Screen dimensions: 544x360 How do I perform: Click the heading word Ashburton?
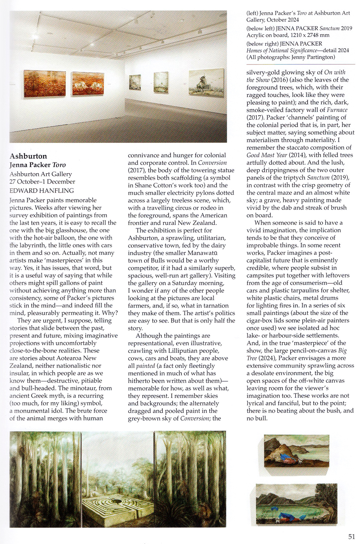(x=28, y=156)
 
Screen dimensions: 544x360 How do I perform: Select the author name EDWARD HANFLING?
(x=41, y=190)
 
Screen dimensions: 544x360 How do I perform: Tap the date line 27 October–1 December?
(x=42, y=182)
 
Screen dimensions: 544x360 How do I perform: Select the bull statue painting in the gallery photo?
(x=206, y=84)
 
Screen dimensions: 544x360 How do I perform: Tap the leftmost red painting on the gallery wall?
(x=45, y=84)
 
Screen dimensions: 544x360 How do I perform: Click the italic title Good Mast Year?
(x=267, y=155)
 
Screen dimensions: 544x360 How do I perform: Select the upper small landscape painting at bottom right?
(x=296, y=451)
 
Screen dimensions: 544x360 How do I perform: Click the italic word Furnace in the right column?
(x=337, y=110)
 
